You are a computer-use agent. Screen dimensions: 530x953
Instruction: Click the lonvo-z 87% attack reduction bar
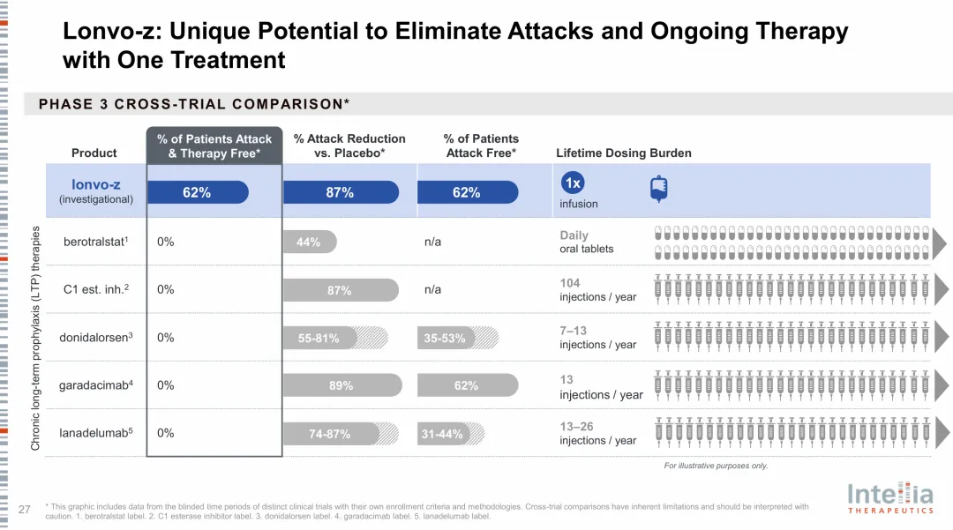[341, 192]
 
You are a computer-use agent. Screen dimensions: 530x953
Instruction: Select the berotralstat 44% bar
[309, 242]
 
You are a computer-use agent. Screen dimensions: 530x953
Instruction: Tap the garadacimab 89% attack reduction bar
[341, 385]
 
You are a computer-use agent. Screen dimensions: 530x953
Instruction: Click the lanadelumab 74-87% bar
[331, 434]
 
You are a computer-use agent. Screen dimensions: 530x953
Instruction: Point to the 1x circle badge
[573, 183]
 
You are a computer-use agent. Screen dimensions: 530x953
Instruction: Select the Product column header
[94, 153]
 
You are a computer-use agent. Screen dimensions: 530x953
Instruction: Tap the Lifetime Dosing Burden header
[623, 153]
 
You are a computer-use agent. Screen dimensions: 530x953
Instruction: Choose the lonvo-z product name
[96, 184]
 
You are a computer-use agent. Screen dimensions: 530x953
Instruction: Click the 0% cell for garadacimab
[166, 385]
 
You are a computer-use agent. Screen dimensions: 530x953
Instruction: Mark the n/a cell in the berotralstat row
[432, 242]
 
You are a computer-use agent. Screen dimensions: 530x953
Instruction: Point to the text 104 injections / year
[597, 290]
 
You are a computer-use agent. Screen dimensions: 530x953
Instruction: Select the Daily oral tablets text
[587, 242]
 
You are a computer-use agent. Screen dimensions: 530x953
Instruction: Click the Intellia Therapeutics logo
[889, 497]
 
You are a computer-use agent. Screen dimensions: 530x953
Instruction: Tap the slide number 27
[25, 508]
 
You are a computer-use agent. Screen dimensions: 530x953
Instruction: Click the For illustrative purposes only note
[716, 466]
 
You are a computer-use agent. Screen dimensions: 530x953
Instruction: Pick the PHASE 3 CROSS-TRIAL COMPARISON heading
[194, 104]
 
